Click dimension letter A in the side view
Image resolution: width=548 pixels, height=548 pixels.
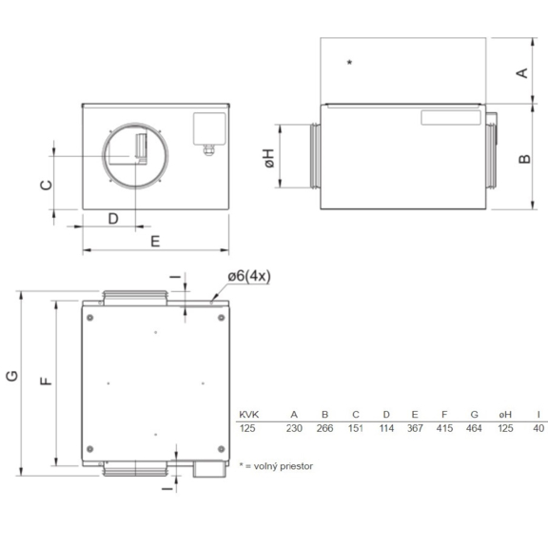click(x=522, y=73)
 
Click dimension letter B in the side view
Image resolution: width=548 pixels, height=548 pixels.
click(x=523, y=158)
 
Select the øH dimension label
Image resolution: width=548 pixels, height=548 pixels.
click(x=271, y=160)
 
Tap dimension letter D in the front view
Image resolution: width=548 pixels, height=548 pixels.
click(x=112, y=219)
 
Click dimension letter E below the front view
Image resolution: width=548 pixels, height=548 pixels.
click(x=155, y=241)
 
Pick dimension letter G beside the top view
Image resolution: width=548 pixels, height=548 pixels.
click(x=11, y=377)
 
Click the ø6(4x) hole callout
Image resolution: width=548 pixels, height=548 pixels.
click(x=249, y=276)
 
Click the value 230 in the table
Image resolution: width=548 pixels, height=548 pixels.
click(x=295, y=429)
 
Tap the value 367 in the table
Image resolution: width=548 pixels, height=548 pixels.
click(x=416, y=429)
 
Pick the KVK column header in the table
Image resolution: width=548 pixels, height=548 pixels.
click(x=248, y=414)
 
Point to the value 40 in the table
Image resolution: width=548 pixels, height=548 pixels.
click(x=538, y=429)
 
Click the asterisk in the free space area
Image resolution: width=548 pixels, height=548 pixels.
click(x=350, y=63)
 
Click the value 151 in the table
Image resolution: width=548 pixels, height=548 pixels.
click(x=355, y=429)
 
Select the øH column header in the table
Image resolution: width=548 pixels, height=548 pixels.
click(x=505, y=414)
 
